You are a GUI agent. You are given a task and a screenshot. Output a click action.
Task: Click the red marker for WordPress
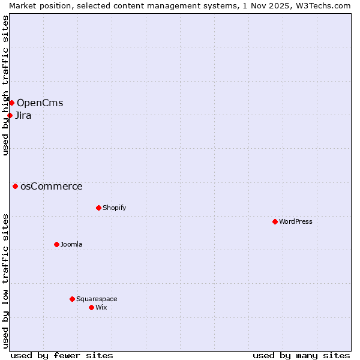(x=275, y=221)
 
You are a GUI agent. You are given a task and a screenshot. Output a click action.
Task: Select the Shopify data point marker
(x=98, y=208)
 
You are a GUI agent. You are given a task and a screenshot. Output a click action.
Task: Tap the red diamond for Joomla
(x=56, y=244)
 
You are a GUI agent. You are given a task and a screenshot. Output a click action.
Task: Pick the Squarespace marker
(x=72, y=299)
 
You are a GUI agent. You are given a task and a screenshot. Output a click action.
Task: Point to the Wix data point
(x=91, y=307)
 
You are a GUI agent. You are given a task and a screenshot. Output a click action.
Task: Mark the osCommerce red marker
(x=15, y=186)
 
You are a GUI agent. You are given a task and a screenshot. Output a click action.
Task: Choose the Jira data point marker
(x=10, y=115)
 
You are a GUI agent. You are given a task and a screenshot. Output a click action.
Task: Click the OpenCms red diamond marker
(x=11, y=103)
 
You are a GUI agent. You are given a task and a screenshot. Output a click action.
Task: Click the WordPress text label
(x=296, y=221)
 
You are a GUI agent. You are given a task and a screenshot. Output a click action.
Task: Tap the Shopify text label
(x=115, y=208)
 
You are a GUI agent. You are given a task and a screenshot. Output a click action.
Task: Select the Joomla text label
(x=71, y=244)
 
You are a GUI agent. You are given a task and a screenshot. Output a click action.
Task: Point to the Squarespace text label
(x=97, y=299)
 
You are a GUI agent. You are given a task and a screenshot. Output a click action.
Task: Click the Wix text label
(x=101, y=307)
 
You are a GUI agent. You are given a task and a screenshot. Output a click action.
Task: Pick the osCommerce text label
(x=52, y=186)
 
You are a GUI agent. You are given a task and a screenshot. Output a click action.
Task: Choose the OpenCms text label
(x=40, y=103)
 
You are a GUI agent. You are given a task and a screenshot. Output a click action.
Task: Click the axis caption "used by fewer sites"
(x=62, y=355)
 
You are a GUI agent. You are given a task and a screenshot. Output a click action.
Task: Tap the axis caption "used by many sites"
(x=301, y=355)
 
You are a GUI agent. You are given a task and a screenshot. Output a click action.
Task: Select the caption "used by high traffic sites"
(x=5, y=85)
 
